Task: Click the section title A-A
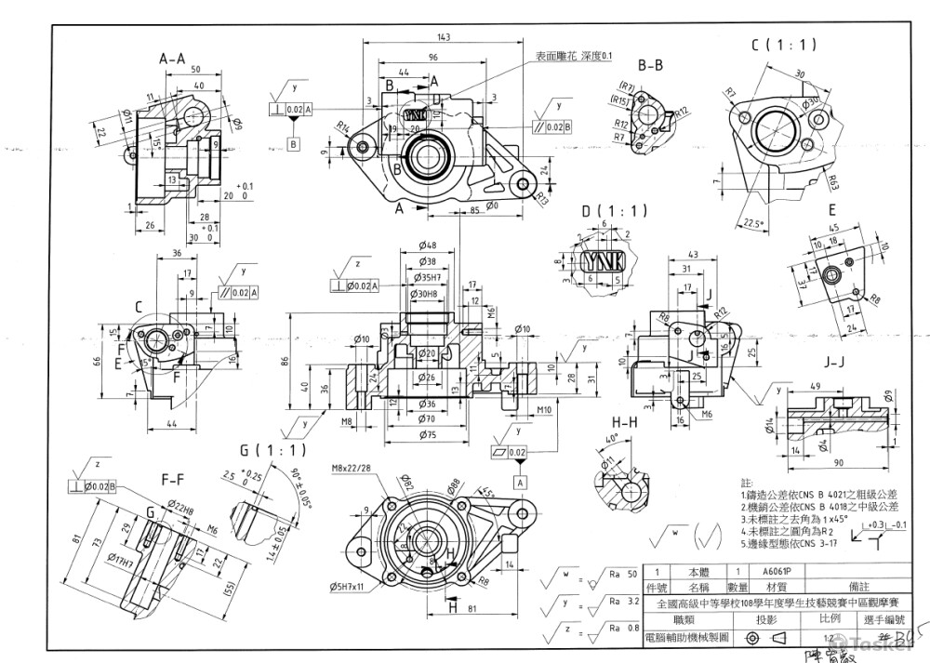[x=178, y=59]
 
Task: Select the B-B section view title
[x=650, y=65]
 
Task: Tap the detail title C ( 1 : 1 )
[x=784, y=44]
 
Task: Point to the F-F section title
[x=173, y=480]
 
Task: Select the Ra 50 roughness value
[x=625, y=574]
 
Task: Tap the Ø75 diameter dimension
[x=428, y=434]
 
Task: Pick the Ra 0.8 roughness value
[x=625, y=628]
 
